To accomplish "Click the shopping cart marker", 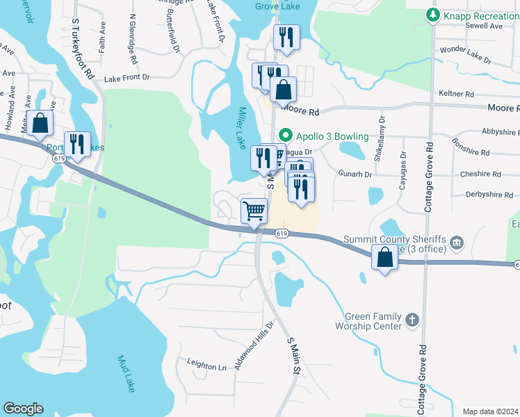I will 254,211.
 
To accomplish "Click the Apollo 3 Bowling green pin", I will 284,135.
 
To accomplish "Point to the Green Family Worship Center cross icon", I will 412,320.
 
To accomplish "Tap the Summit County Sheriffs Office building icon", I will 457,243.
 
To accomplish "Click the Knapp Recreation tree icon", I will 432,14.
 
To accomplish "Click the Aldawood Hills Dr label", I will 255,345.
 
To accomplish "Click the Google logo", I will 23,408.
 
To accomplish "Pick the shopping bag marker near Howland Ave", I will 40,123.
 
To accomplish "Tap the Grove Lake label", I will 277,6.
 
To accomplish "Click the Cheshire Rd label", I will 487,174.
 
